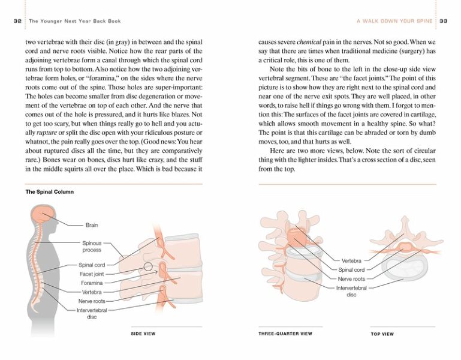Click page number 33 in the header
444,21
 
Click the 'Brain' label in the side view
92,225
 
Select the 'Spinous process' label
92,246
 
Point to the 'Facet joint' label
92,274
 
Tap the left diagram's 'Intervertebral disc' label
91,313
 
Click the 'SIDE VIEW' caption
144,333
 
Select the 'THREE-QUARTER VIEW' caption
285,333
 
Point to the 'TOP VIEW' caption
382,334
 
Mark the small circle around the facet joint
148,266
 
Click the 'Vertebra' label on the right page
352,261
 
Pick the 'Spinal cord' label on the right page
352,269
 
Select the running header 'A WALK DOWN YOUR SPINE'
394,21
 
